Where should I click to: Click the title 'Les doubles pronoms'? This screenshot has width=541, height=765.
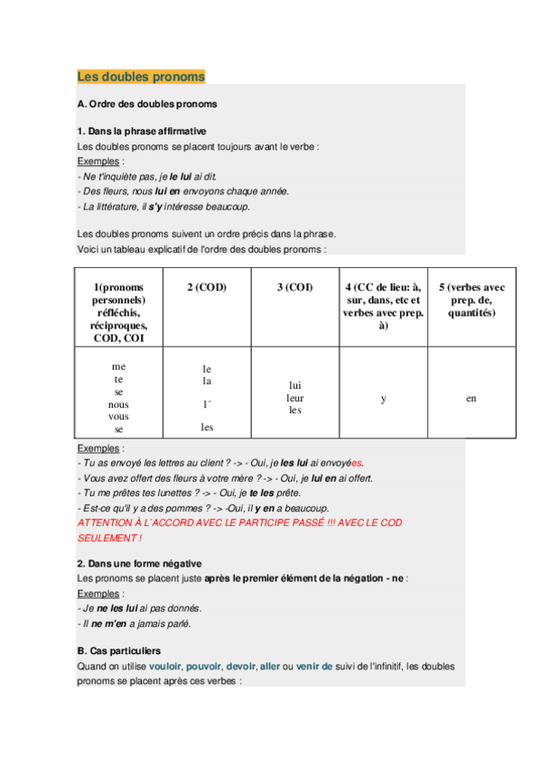point(141,77)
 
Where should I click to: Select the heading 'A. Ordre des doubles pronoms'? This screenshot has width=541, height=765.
point(147,104)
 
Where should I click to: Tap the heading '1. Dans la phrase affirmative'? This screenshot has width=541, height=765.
point(142,131)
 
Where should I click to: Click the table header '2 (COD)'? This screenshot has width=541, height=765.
point(206,287)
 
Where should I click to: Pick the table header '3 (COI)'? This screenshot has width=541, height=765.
point(294,287)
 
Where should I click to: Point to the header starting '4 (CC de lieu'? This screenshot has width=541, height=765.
point(383,306)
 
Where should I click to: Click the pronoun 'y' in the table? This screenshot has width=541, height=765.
point(383,398)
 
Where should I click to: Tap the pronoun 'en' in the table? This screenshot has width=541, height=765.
point(471,398)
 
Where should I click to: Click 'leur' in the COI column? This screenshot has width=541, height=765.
point(294,397)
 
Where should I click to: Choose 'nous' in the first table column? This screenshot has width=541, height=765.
point(118,405)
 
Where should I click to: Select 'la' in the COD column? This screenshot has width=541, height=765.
point(207,382)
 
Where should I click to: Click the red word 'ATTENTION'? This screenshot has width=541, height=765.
point(105,522)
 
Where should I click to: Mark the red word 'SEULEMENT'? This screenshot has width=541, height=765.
point(108,537)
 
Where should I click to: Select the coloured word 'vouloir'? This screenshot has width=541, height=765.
point(164,666)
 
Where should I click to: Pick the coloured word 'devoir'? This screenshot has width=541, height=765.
point(240,666)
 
